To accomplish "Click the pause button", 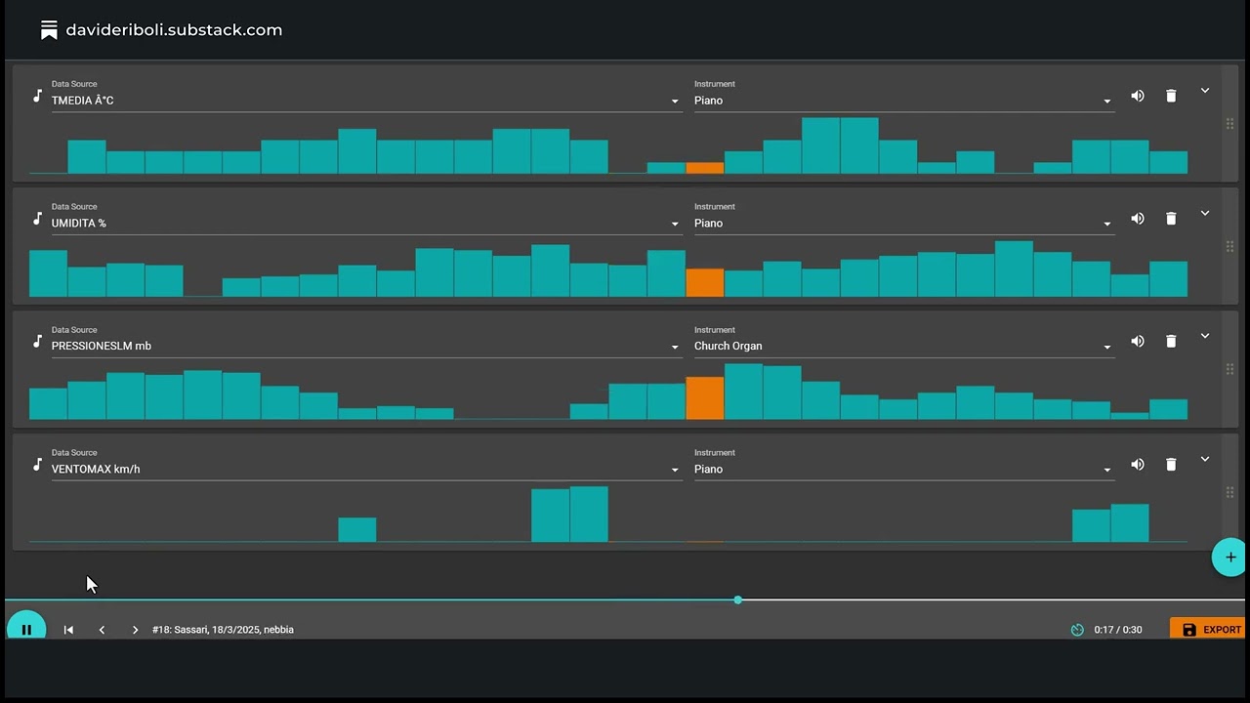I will [x=26, y=629].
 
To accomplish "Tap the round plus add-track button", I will [x=1229, y=557].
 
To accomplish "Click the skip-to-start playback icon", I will [x=68, y=630].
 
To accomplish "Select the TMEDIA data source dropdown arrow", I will [x=674, y=101].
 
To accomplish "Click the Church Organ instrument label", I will [x=728, y=346].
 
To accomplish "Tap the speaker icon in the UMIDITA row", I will [x=1138, y=219].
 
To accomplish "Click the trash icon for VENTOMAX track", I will [x=1171, y=465].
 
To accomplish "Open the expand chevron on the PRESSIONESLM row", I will [x=1205, y=336].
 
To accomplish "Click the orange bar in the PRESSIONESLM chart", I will [x=705, y=398].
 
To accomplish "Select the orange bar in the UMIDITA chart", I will [x=705, y=282].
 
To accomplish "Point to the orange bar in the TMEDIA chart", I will [x=705, y=168].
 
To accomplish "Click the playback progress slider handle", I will [x=737, y=600].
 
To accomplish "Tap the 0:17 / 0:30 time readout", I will [x=1117, y=630].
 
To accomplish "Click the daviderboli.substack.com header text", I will [x=174, y=30].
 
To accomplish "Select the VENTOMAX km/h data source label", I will [x=96, y=469].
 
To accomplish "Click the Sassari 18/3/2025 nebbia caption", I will [x=223, y=630].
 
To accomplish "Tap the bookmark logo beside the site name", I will [x=49, y=30].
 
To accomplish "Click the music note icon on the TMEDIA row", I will [x=37, y=96].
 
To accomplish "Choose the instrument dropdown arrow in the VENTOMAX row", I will [x=1106, y=470].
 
